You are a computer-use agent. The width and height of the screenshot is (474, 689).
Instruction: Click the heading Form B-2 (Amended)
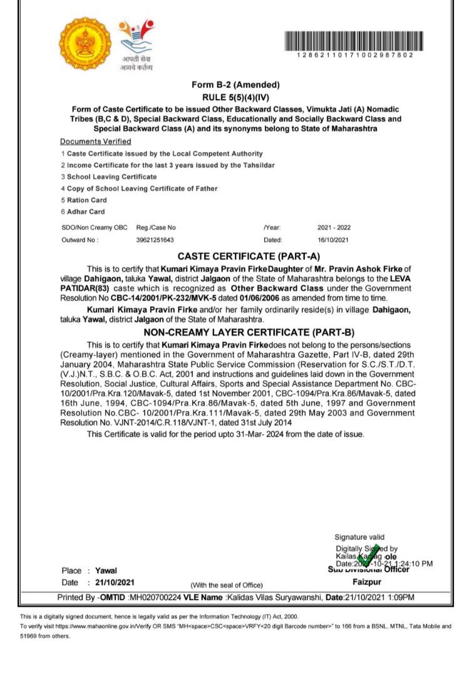tap(235, 85)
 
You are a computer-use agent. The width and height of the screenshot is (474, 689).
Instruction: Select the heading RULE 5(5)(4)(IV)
tap(235, 98)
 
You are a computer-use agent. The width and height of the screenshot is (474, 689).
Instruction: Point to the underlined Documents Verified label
tap(96, 141)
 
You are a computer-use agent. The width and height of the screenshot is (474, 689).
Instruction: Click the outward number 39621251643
tap(155, 240)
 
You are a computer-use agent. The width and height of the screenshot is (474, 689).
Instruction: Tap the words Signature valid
tap(359, 537)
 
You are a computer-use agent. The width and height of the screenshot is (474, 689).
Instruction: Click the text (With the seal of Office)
tap(226, 584)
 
